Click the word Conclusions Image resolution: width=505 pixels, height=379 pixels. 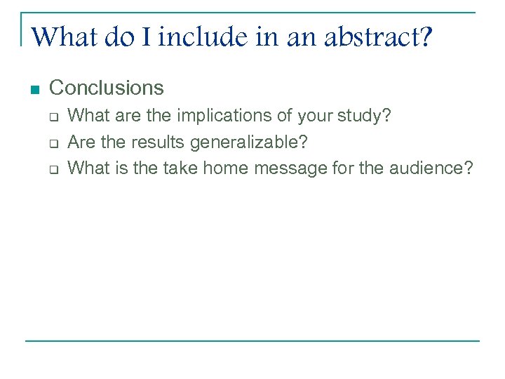[x=107, y=88]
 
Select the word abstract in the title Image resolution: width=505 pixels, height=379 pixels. [x=369, y=36]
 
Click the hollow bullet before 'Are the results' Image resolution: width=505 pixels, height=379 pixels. [x=53, y=143]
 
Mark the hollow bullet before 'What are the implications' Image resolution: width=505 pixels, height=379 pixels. [x=53, y=117]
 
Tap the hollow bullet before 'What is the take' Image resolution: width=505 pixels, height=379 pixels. [x=53, y=170]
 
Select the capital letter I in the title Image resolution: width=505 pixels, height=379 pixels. [x=145, y=36]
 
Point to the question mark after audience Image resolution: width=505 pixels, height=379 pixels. [x=468, y=168]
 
